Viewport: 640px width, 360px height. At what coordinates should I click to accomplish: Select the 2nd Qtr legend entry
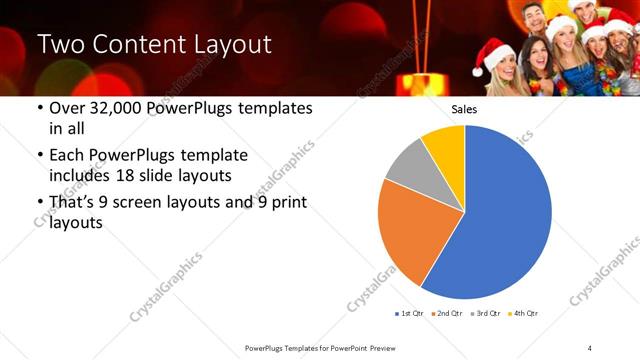coord(447,313)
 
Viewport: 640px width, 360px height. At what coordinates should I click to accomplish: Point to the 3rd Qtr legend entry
coord(486,313)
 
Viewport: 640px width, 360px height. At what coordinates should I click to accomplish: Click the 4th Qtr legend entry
coord(524,313)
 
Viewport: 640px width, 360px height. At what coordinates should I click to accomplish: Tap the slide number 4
coord(589,347)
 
